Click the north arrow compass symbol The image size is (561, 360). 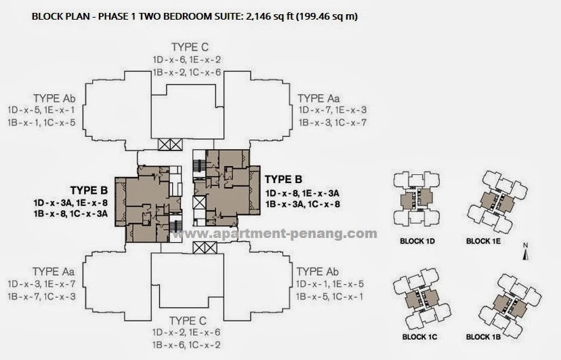(x=524, y=252)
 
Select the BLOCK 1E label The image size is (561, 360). (x=485, y=241)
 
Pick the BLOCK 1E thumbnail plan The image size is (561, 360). (x=497, y=199)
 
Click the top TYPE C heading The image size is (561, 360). (x=189, y=47)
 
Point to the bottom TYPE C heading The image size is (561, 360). (x=189, y=320)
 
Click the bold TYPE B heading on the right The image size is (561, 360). (x=283, y=179)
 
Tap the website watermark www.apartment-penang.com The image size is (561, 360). (x=274, y=234)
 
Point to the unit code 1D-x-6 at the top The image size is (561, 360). (x=167, y=60)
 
